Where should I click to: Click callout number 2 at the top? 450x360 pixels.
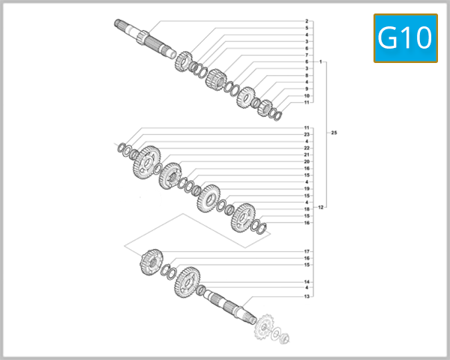(x=307, y=21)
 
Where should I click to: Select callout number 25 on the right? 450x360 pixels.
(x=334, y=133)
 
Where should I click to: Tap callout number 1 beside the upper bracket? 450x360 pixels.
(x=320, y=61)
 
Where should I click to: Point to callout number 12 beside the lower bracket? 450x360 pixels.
(x=320, y=206)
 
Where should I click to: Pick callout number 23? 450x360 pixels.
(x=307, y=134)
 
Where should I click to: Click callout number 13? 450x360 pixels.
(x=307, y=296)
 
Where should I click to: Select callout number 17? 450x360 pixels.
(x=307, y=250)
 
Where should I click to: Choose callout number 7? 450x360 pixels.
(x=307, y=55)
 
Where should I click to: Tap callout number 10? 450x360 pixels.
(x=307, y=95)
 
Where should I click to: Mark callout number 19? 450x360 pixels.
(x=307, y=188)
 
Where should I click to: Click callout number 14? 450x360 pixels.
(x=307, y=282)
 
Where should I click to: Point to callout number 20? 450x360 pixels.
(x=307, y=161)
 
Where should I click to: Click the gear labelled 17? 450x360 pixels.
(x=151, y=262)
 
